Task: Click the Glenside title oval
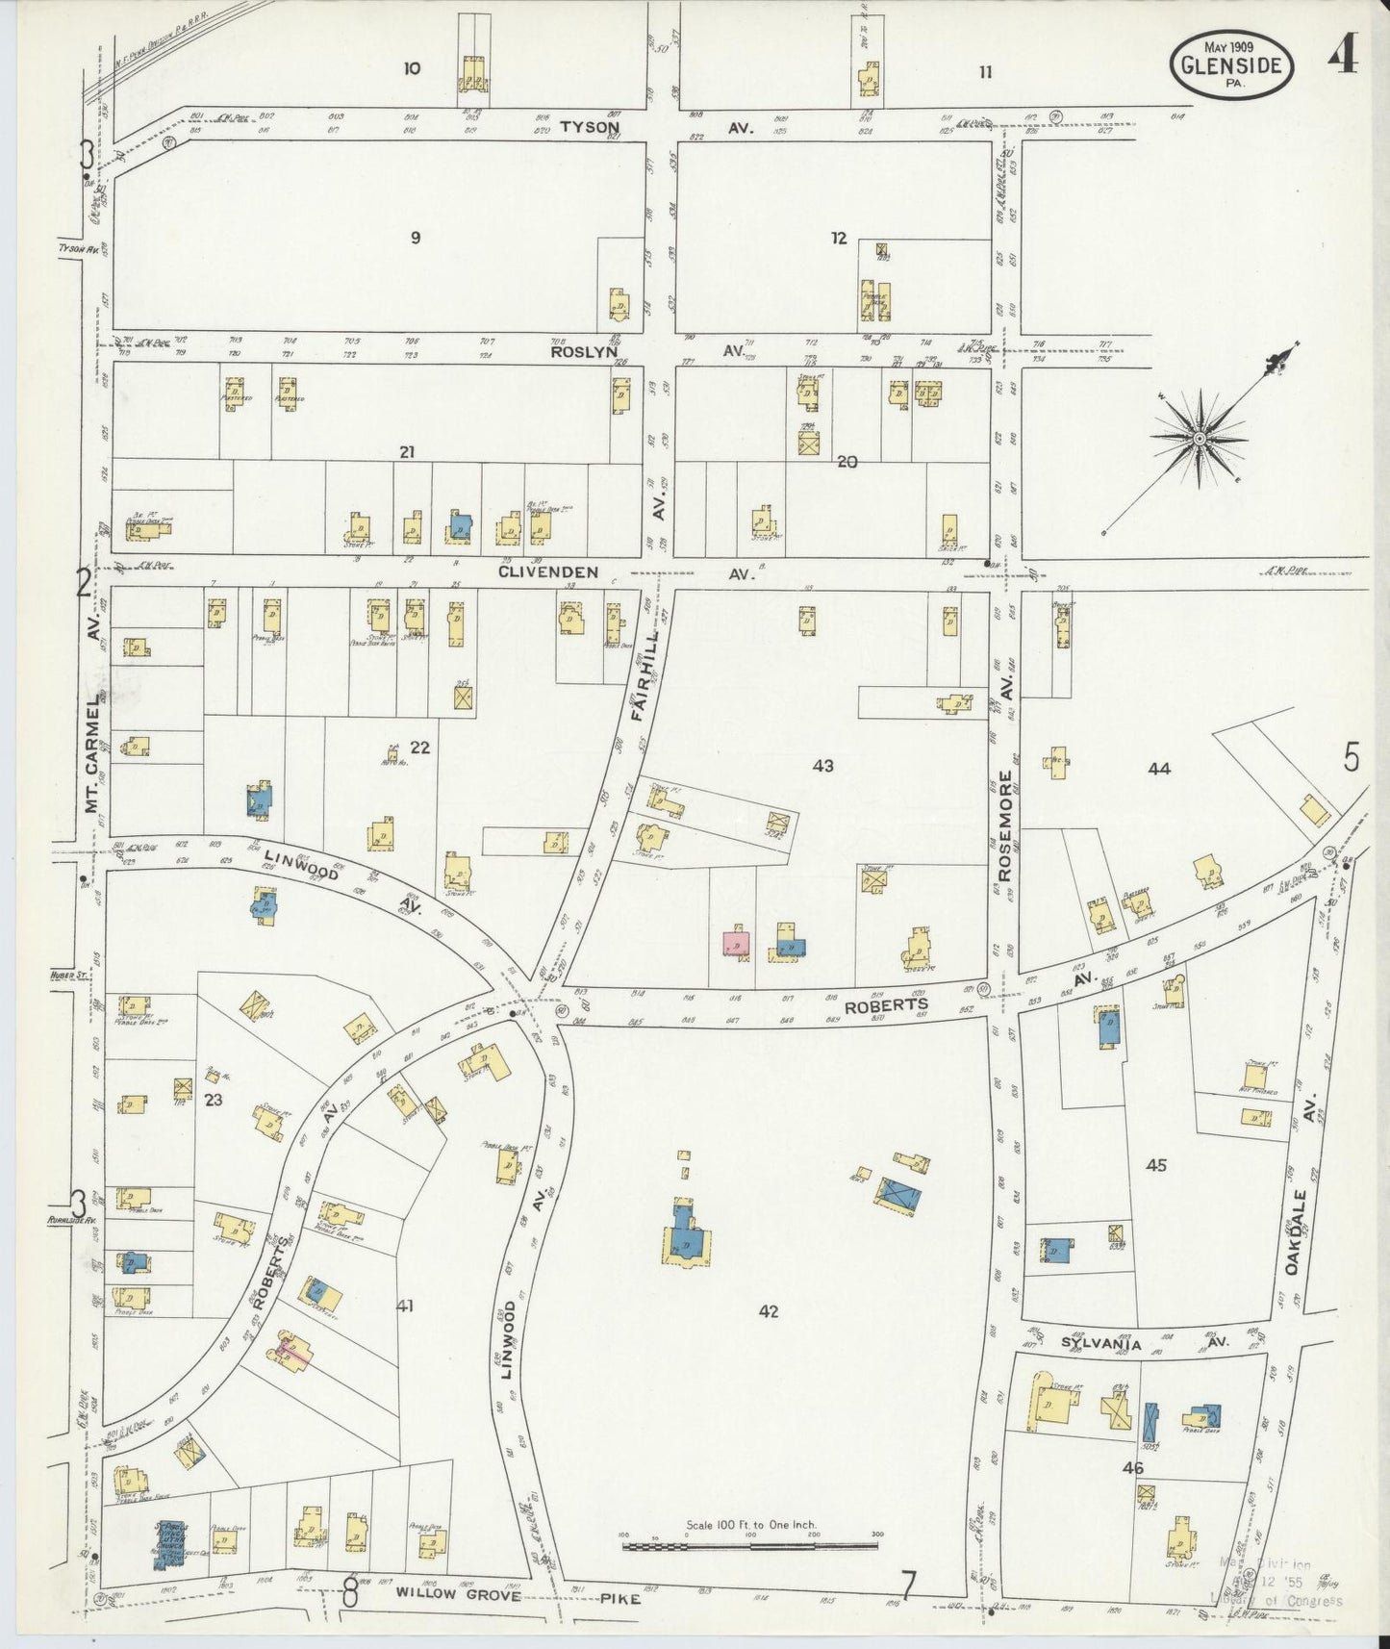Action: click(1231, 63)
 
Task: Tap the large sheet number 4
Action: click(1343, 57)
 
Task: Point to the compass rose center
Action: click(1200, 439)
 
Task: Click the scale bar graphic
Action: click(750, 1546)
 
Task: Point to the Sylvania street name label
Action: click(1100, 1344)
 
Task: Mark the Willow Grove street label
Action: click(457, 1595)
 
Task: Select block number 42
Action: click(768, 1311)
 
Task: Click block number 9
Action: click(415, 238)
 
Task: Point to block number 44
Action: click(1158, 769)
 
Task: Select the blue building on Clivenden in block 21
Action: click(460, 525)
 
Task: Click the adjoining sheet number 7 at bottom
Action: click(907, 1585)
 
